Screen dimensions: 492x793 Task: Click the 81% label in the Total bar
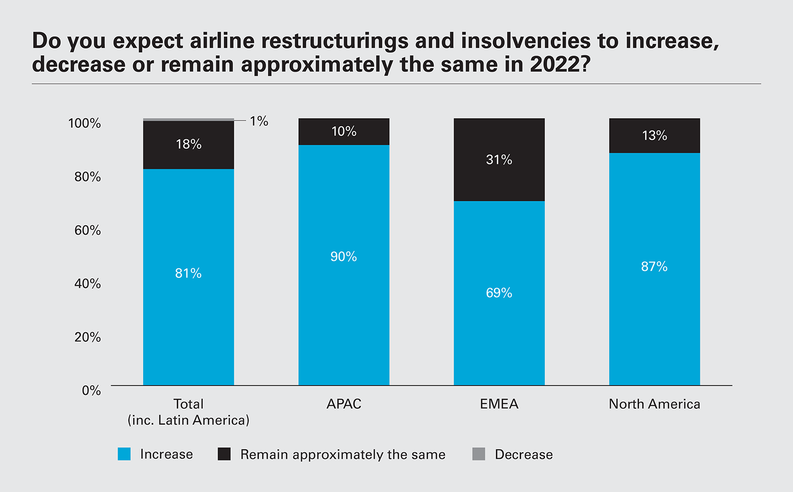point(188,273)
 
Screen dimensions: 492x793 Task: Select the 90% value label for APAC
point(343,256)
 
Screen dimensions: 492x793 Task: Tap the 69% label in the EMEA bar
point(499,293)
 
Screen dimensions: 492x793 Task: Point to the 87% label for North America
point(654,266)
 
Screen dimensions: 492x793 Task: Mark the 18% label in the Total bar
point(189,144)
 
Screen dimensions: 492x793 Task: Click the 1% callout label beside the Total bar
point(259,121)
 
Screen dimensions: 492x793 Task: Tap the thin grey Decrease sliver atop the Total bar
point(188,120)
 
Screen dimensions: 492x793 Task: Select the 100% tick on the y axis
point(84,123)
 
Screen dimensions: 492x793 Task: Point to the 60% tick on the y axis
point(87,230)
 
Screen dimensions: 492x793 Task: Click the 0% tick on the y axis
point(91,390)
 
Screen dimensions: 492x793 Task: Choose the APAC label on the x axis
point(343,404)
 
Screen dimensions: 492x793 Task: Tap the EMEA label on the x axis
point(499,404)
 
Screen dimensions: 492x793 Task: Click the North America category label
point(654,404)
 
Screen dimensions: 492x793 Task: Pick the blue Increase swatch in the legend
point(124,454)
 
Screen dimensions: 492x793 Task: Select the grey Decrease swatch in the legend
point(479,454)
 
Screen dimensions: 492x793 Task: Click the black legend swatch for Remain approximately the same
point(224,454)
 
